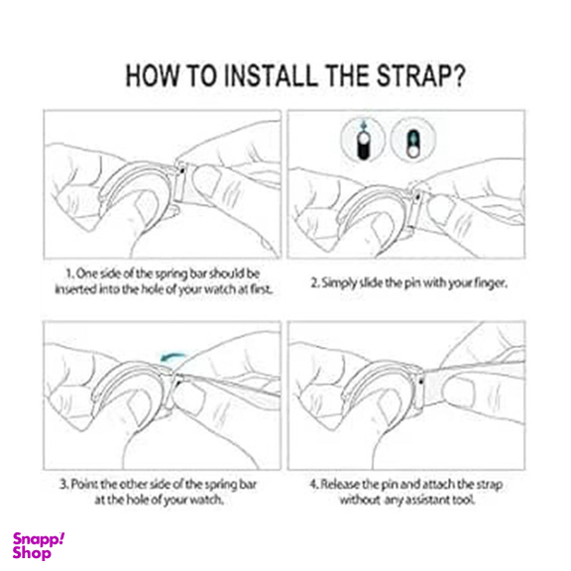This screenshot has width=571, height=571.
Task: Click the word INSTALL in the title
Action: coord(271,75)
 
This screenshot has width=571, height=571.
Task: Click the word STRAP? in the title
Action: coord(421,75)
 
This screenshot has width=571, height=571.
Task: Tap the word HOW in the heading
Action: coord(153,75)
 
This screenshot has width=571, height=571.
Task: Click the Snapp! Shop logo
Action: coord(39,545)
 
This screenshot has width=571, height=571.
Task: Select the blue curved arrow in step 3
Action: coord(172,356)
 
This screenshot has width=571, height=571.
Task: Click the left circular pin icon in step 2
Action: coord(363,140)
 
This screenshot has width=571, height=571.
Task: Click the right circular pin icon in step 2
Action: coord(413,140)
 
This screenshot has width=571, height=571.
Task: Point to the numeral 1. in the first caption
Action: coord(70,274)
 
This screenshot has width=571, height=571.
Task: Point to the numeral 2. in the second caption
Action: coord(315,283)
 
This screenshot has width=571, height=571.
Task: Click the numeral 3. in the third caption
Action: coord(64,485)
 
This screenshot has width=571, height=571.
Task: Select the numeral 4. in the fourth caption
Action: coord(314,485)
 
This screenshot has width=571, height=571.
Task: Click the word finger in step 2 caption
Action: coord(491,284)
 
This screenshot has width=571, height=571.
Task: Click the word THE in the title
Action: coord(347,75)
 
